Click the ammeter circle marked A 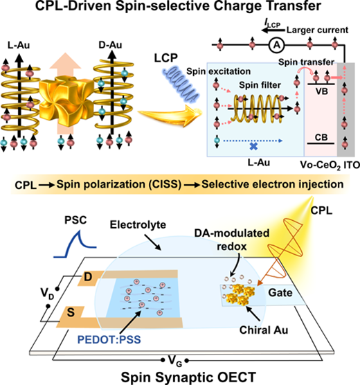pyautogui.click(x=277, y=45)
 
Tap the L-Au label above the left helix pyautogui.click(x=19, y=46)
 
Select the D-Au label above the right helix pyautogui.click(x=110, y=45)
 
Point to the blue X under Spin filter pyautogui.click(x=253, y=147)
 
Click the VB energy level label pyautogui.click(x=321, y=91)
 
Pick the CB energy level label pyautogui.click(x=321, y=137)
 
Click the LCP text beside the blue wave pyautogui.click(x=165, y=58)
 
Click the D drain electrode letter pyautogui.click(x=88, y=277)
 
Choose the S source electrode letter pyautogui.click(x=71, y=312)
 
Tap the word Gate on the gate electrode pyautogui.click(x=280, y=293)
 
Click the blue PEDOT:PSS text pyautogui.click(x=109, y=340)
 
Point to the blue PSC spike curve pyautogui.click(x=75, y=244)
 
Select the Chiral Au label pyautogui.click(x=264, y=330)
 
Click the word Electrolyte pyautogui.click(x=138, y=224)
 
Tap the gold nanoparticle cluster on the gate pyautogui.click(x=242, y=294)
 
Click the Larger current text pyautogui.click(x=317, y=30)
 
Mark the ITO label pyautogui.click(x=352, y=165)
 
